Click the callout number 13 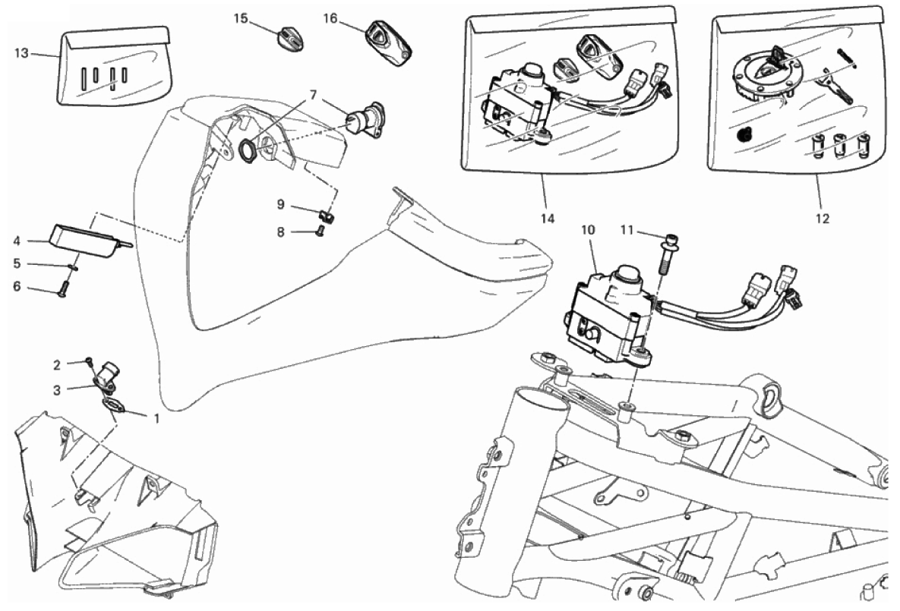pyautogui.click(x=21, y=52)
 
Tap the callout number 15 pyautogui.click(x=241, y=18)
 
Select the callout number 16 pyautogui.click(x=330, y=17)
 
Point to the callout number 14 pyautogui.click(x=548, y=219)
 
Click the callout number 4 pyautogui.click(x=17, y=242)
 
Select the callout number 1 pyautogui.click(x=157, y=417)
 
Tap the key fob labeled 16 pyautogui.click(x=387, y=44)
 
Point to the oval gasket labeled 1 pyautogui.click(x=114, y=405)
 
